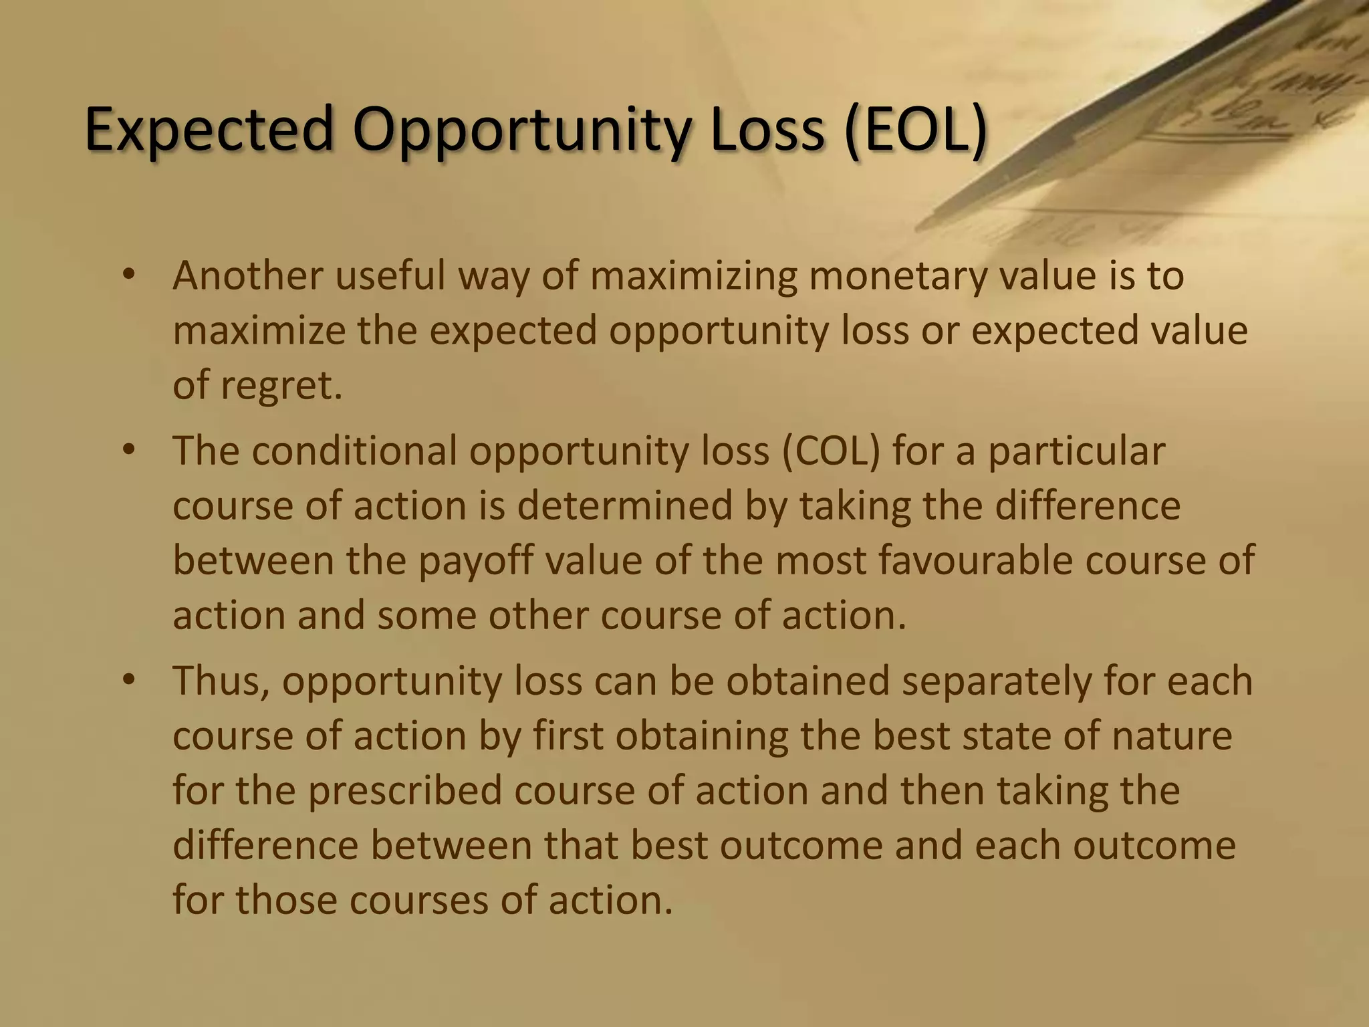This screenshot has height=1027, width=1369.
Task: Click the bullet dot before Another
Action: tap(130, 276)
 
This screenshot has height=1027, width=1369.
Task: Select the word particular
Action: tap(1077, 451)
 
